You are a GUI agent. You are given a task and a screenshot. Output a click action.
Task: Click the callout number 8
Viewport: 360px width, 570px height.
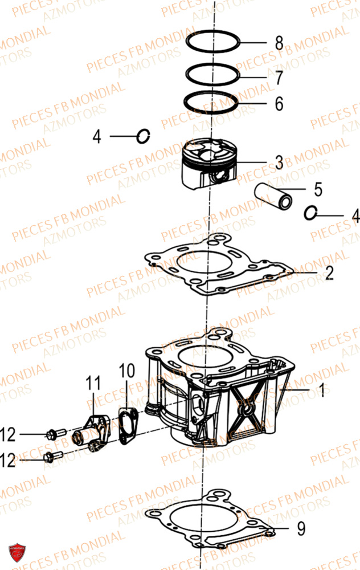[279, 43]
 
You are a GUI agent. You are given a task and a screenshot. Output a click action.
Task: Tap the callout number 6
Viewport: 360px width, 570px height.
[279, 104]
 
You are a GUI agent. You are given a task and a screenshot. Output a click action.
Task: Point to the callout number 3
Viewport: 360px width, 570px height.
[279, 162]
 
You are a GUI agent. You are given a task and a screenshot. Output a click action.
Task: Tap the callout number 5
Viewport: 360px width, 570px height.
[318, 189]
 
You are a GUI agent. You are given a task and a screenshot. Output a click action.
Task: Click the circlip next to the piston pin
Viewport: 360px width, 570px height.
[310, 213]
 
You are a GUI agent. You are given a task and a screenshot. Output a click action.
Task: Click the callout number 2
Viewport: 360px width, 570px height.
[329, 273]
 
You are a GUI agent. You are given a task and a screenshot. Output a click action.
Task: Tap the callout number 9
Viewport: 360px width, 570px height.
[301, 528]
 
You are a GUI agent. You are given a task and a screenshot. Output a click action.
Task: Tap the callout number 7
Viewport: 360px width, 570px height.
[279, 78]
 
